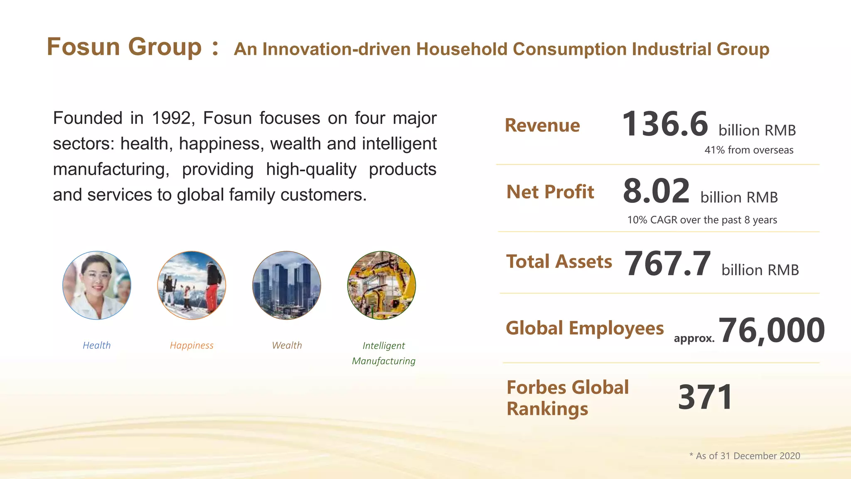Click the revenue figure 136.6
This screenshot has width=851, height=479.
tap(665, 124)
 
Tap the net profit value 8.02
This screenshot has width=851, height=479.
tap(656, 191)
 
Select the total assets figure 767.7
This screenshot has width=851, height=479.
tap(667, 264)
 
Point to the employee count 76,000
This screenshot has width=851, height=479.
tap(772, 331)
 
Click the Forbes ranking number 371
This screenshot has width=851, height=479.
tap(705, 398)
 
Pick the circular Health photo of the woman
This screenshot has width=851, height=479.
tap(97, 285)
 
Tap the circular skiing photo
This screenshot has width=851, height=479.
tap(192, 285)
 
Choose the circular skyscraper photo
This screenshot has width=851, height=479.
tap(287, 285)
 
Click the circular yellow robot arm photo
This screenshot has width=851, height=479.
tap(381, 285)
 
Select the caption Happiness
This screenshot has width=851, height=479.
tap(192, 346)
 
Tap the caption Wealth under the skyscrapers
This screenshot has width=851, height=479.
tap(287, 346)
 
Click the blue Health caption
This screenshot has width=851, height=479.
tap(97, 346)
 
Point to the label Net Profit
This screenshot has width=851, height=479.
tap(550, 192)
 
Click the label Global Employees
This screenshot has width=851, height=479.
tap(585, 328)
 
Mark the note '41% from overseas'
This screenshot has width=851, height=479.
tap(749, 150)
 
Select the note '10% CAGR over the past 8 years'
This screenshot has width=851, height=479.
tap(702, 220)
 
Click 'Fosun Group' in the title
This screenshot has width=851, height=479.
tap(124, 47)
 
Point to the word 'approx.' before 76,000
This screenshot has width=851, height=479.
tap(694, 338)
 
